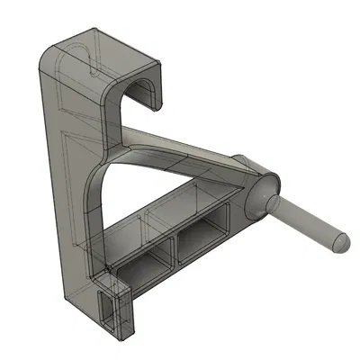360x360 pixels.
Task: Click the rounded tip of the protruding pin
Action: [x=341, y=244]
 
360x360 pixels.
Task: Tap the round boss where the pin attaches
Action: [x=260, y=194]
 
